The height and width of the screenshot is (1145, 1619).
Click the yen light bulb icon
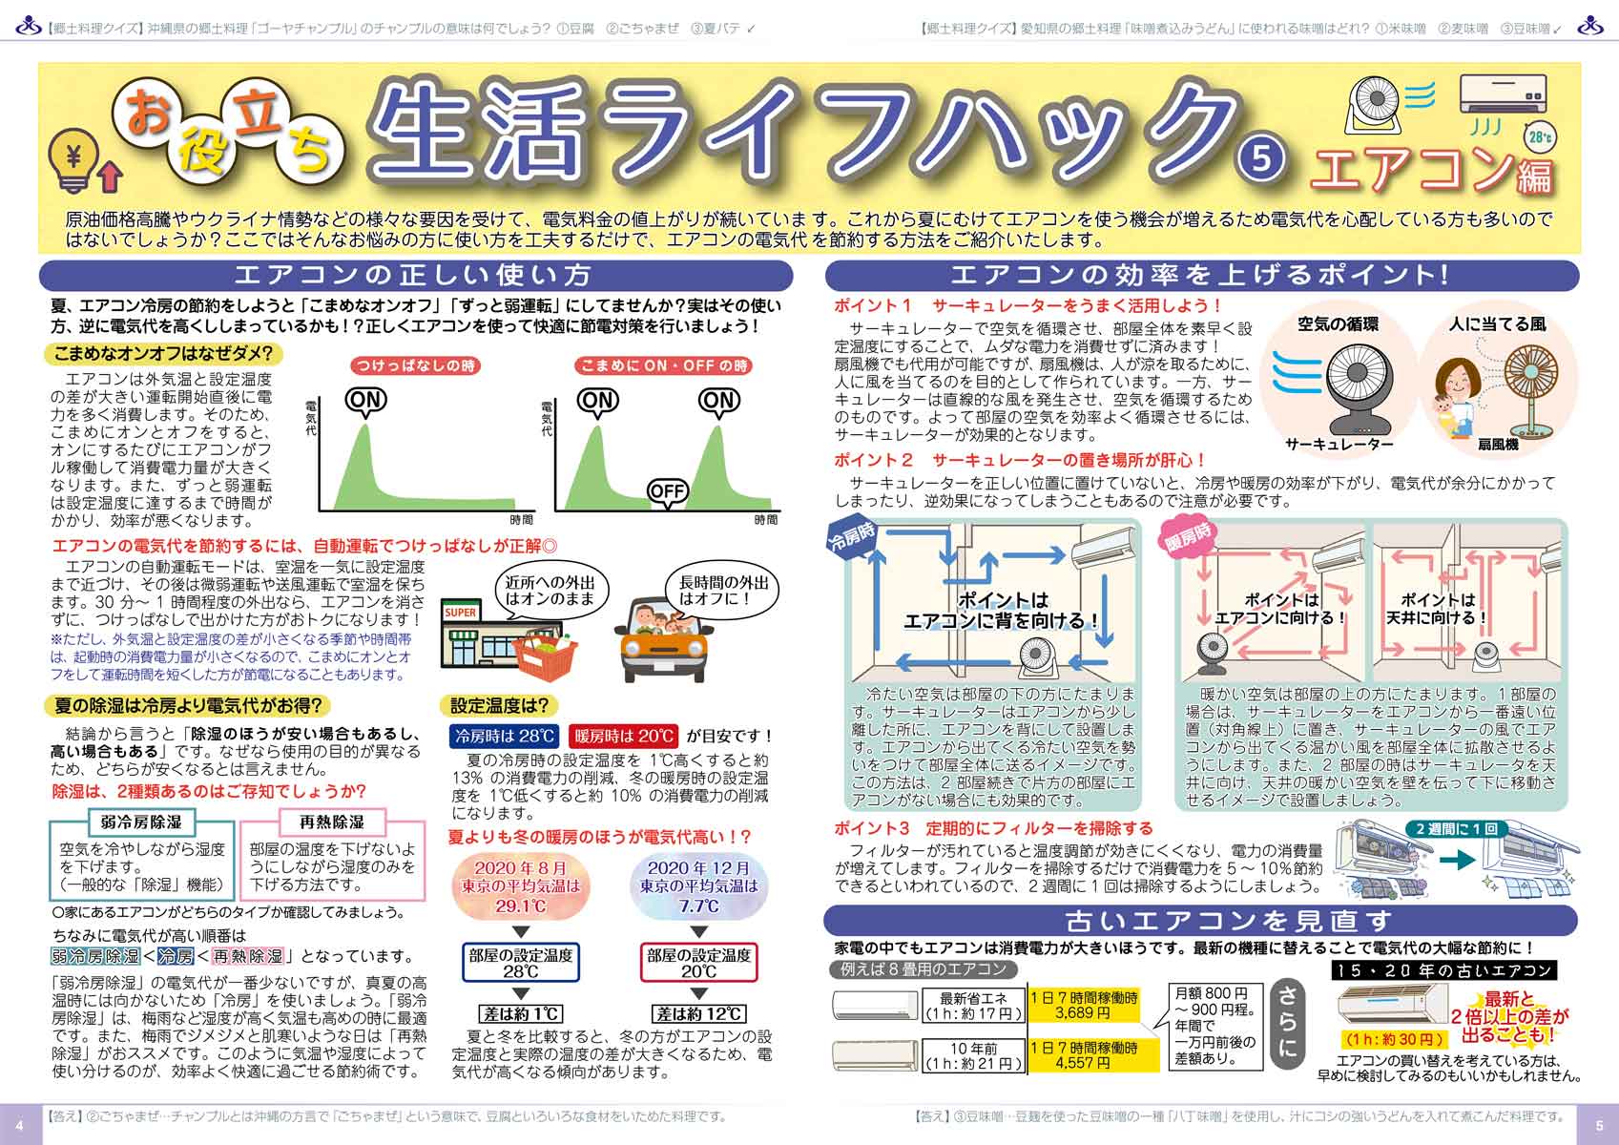(x=73, y=160)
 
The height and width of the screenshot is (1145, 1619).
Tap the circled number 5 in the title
(x=1261, y=157)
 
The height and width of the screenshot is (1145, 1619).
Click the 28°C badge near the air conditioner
(x=1540, y=137)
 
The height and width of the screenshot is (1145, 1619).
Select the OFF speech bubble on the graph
(x=666, y=492)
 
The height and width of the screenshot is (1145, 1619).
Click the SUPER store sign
(x=461, y=613)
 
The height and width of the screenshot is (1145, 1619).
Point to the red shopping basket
(x=547, y=656)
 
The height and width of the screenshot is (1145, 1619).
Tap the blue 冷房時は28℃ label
(x=504, y=736)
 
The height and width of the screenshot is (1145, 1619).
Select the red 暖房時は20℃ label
(x=624, y=736)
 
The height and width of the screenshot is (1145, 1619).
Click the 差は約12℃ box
(x=699, y=1013)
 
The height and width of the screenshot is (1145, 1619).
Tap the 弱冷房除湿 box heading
(x=141, y=822)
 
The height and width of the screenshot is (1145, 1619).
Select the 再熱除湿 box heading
(x=332, y=822)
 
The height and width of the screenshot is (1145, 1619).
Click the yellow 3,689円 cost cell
(x=1084, y=1006)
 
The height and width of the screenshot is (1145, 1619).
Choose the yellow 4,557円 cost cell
(x=1084, y=1054)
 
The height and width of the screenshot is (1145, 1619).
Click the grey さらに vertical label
(x=1287, y=1022)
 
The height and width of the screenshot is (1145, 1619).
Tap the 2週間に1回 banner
(x=1456, y=828)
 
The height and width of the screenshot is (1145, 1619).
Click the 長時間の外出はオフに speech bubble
(x=723, y=592)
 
